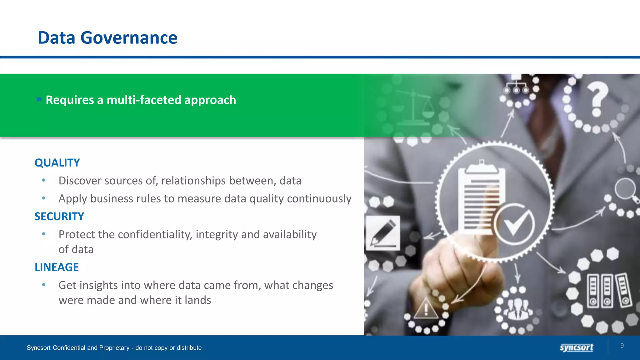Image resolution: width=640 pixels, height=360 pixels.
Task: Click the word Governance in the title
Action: tap(129, 38)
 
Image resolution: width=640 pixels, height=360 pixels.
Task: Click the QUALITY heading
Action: tap(57, 163)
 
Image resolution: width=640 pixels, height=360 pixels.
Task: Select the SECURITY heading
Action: tap(59, 217)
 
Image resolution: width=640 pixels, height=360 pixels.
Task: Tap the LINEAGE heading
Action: tap(57, 267)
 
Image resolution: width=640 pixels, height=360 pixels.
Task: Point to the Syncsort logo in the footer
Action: tap(576, 347)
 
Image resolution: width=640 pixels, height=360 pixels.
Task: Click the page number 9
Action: tap(622, 346)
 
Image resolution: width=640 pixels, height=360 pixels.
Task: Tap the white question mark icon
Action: tap(597, 98)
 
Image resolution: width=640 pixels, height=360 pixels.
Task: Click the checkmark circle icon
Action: tap(514, 224)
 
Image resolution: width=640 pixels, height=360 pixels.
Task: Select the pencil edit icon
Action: tap(383, 233)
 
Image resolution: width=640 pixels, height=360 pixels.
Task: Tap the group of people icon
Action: tap(518, 309)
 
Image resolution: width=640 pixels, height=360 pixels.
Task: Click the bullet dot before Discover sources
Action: tap(44, 180)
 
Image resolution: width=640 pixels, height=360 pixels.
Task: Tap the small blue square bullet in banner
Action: tap(38, 100)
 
